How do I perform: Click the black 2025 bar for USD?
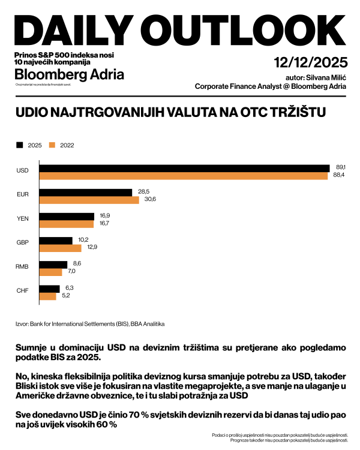[184, 168]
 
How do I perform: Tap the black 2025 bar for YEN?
[66, 216]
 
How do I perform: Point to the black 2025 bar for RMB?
[53, 264]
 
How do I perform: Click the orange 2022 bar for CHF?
[47, 296]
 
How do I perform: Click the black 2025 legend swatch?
[20, 145]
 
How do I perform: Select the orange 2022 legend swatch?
[52, 145]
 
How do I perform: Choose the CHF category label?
[22, 292]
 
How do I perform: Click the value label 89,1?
[340, 166]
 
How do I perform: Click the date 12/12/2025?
[309, 62]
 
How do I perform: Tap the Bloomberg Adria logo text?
[69, 75]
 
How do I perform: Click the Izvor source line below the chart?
[90, 324]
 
